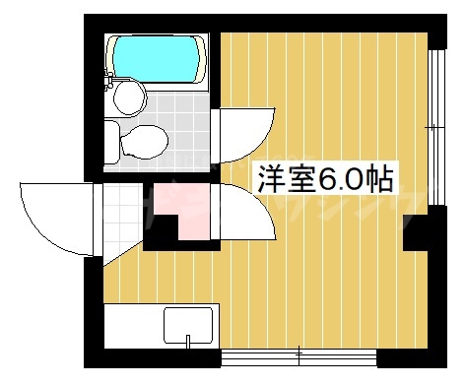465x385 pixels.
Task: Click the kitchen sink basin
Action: [188, 325]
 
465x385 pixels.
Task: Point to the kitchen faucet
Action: [188, 343]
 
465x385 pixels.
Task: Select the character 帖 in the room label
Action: [380, 178]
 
